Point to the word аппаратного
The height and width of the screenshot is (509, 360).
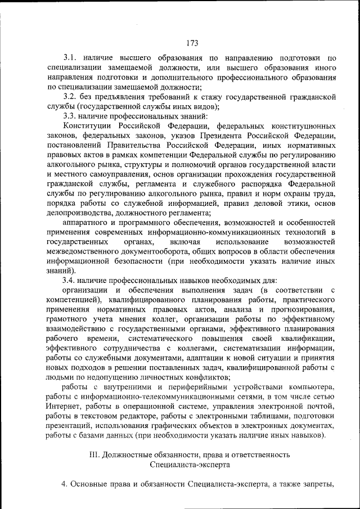click(86, 222)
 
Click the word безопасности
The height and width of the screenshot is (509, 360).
click(134, 261)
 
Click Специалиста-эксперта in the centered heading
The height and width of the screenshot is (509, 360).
click(191, 465)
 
